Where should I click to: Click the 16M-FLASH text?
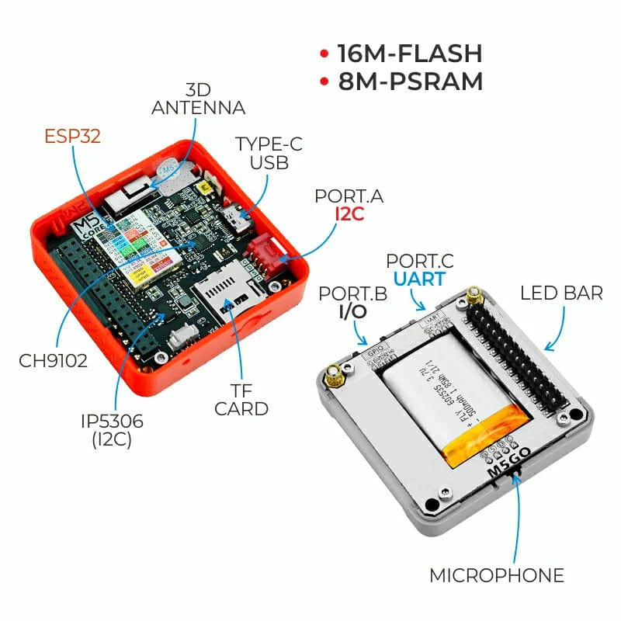coord(409,54)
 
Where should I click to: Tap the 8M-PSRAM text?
coord(411,82)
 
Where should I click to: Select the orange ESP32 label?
coord(72,137)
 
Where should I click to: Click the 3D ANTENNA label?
coord(198,99)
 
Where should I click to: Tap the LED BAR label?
coord(561,293)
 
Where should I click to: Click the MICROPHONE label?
coord(497,575)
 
